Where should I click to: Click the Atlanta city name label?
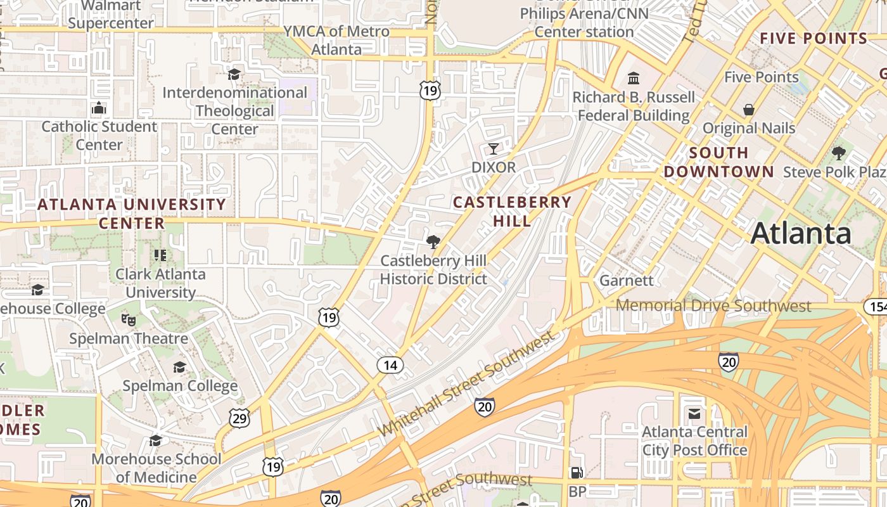801,233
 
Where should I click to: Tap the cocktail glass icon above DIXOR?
494,149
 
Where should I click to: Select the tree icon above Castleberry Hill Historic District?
433,241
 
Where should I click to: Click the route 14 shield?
390,365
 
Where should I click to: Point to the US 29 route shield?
239,418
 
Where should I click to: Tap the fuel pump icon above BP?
577,473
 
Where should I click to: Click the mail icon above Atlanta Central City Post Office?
694,414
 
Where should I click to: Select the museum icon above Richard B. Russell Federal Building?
634,79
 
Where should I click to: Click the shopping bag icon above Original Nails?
749,110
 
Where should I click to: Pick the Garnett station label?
626,280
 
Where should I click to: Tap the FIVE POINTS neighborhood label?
814,38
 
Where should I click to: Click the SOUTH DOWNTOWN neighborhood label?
718,162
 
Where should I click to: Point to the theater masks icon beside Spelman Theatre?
129,319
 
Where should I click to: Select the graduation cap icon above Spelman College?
180,368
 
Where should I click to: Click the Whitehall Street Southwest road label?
466,386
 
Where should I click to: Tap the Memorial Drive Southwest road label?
713,306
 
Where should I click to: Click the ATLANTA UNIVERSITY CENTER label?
132,214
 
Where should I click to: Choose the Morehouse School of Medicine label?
156,468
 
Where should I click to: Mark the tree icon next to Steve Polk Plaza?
839,153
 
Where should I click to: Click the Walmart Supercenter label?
111,15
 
